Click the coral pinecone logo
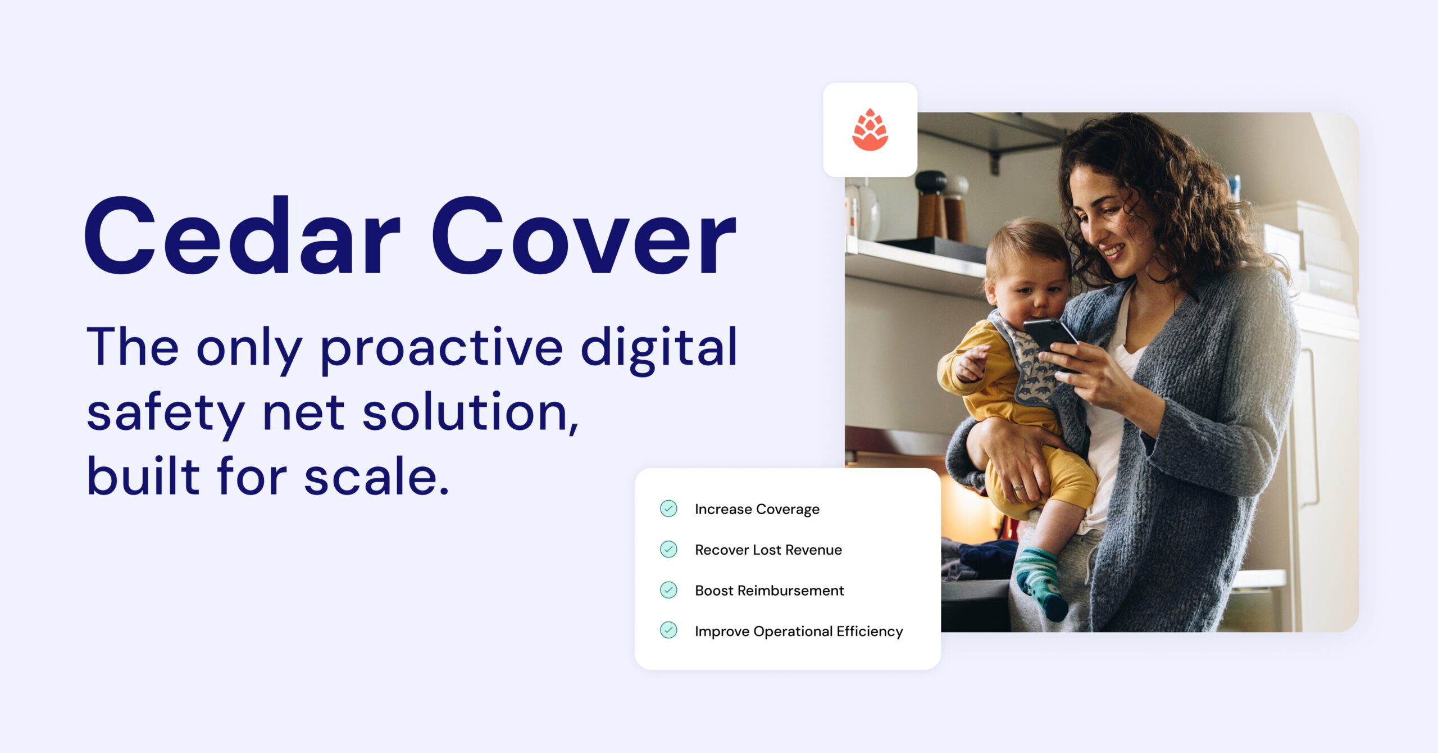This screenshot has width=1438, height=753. coord(870,130)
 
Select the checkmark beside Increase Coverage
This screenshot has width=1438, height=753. coord(668,509)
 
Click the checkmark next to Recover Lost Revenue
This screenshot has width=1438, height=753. coord(668,549)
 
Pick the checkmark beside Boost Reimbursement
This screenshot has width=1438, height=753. coord(668,590)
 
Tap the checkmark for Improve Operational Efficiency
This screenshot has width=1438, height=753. coord(668,630)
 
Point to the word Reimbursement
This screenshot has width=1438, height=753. coord(790,591)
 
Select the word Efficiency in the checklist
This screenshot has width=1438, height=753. coord(870,632)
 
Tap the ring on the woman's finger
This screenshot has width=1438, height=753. coord(1017,487)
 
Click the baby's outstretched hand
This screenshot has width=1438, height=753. coord(972,363)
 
